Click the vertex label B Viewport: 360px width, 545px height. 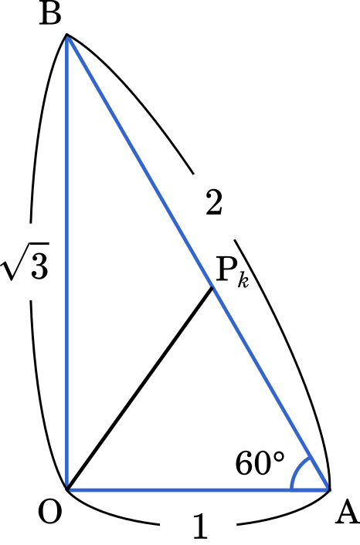coord(50,15)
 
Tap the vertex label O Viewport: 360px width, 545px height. coord(50,512)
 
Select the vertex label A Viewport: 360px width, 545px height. coord(347,513)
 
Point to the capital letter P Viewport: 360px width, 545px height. coord(226,269)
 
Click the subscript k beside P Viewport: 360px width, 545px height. coord(243,280)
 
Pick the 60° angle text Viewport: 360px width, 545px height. coord(260,463)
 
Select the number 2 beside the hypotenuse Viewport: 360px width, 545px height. coord(213,202)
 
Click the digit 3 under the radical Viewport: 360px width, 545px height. coord(39,266)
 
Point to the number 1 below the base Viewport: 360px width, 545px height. coord(200,526)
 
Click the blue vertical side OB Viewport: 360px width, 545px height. coord(67,262)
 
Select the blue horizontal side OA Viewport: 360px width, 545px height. coord(199,490)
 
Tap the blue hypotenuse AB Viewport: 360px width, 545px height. coord(198,262)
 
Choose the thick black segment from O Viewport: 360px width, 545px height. coord(140,388)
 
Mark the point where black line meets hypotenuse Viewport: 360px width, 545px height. coord(212,287)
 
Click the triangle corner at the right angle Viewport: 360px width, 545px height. coord(67,490)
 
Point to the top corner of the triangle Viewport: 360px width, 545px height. coord(66,36)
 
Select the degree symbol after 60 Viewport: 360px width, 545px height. coord(279,457)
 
